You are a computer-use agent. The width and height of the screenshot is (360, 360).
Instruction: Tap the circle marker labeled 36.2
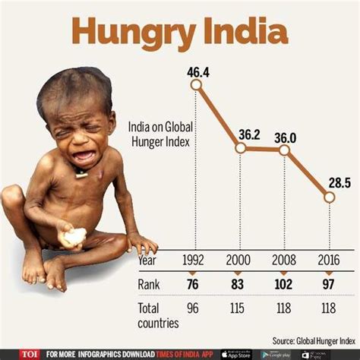tap(241, 148)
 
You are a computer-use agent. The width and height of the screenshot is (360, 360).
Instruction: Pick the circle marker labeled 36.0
tap(285, 150)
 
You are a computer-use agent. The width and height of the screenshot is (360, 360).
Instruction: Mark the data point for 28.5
tap(329, 197)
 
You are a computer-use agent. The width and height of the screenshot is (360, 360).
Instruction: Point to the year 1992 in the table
tap(196, 260)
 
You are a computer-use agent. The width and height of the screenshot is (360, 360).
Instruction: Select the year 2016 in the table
tap(328, 260)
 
